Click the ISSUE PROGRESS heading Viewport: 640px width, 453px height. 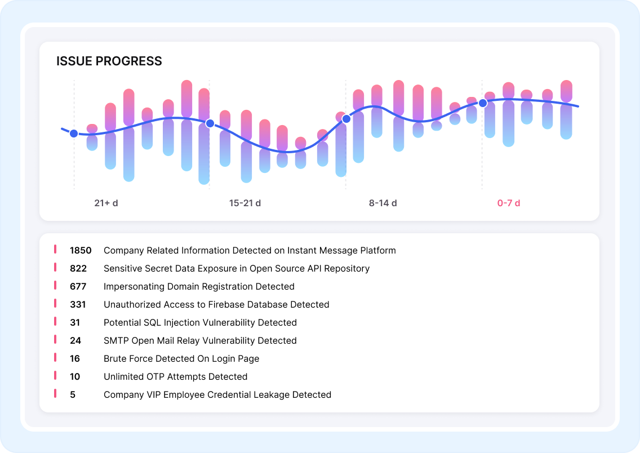109,61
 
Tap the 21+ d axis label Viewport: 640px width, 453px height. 106,203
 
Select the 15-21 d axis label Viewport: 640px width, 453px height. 245,203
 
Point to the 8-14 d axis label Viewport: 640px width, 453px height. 383,203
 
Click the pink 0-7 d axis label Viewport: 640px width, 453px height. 508,203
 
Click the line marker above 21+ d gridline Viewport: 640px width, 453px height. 74,134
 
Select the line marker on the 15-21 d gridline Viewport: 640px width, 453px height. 210,123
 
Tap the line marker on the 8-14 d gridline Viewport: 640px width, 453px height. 346,119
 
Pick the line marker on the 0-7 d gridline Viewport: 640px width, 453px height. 483,103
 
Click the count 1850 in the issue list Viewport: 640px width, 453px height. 81,250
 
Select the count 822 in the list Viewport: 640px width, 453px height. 78,268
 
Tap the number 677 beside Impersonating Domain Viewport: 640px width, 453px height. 78,286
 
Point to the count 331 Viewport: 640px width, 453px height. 78,304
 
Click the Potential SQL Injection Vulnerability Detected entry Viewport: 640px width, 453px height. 200,323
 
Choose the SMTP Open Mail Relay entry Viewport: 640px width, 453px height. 200,340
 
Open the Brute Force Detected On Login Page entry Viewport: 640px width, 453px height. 181,358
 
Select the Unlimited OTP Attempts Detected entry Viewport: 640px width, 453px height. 175,376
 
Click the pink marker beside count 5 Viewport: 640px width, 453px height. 55,394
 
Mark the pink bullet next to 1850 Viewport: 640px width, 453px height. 55,249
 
